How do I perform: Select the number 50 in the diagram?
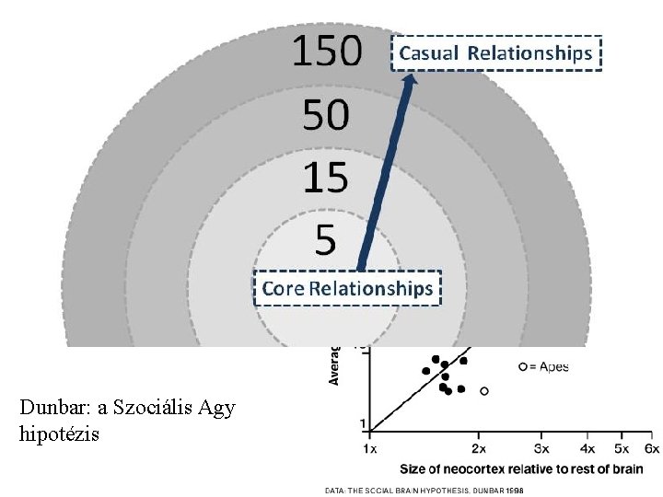(326, 115)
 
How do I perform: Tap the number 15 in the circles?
(326, 177)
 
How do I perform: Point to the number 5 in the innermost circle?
(326, 239)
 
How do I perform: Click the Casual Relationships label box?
(497, 53)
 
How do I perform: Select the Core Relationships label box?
(347, 289)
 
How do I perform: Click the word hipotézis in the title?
(57, 432)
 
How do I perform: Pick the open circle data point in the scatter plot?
(484, 391)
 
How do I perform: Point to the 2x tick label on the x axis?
(479, 448)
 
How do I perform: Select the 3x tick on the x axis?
(543, 448)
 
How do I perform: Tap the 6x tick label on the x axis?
(651, 448)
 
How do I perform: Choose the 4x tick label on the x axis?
(589, 448)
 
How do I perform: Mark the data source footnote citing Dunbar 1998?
(425, 491)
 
